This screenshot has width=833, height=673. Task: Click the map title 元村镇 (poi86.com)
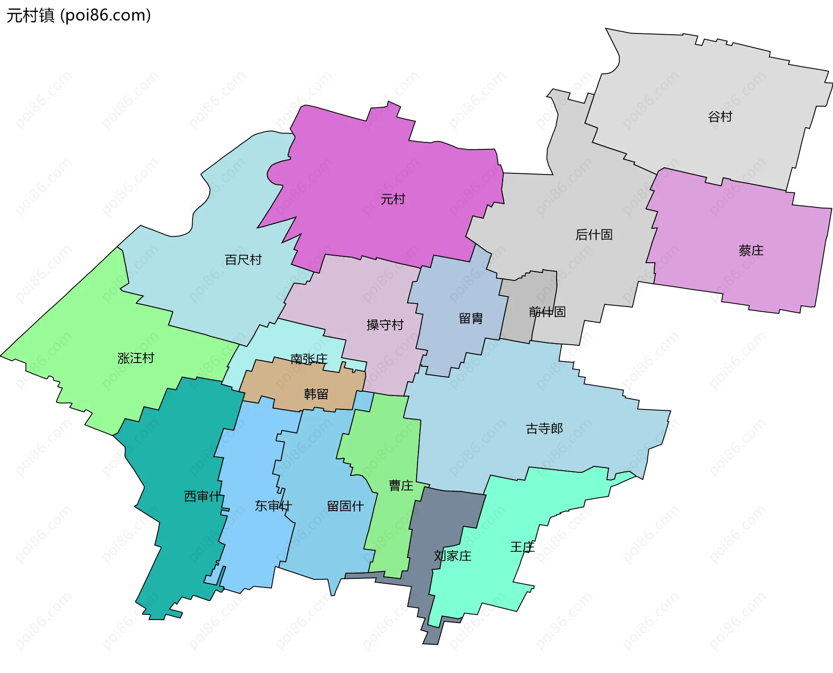[x=79, y=15]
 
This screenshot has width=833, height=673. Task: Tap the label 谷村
[x=720, y=116]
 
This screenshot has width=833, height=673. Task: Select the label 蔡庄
[x=751, y=250]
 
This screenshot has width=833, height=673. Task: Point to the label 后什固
[x=594, y=234]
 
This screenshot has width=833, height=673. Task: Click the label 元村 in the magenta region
[x=393, y=199]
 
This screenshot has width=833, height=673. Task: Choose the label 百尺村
[x=243, y=260]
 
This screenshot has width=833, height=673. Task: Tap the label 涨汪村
[x=136, y=358]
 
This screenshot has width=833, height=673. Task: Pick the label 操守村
[x=385, y=325]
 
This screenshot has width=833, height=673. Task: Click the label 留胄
[x=471, y=318]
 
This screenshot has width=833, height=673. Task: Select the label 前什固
[x=547, y=311]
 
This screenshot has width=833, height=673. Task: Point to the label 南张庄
[x=308, y=359]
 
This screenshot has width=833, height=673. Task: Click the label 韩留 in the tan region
[x=316, y=394]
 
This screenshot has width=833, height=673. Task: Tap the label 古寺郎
[x=544, y=429]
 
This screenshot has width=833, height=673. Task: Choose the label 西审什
[x=203, y=496]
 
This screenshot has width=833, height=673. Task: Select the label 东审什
[x=273, y=506]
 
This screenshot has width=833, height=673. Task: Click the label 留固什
[x=345, y=506]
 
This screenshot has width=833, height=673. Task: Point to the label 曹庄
[x=401, y=485]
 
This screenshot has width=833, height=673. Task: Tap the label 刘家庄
[x=453, y=556]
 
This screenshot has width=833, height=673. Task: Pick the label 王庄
[x=522, y=547]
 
